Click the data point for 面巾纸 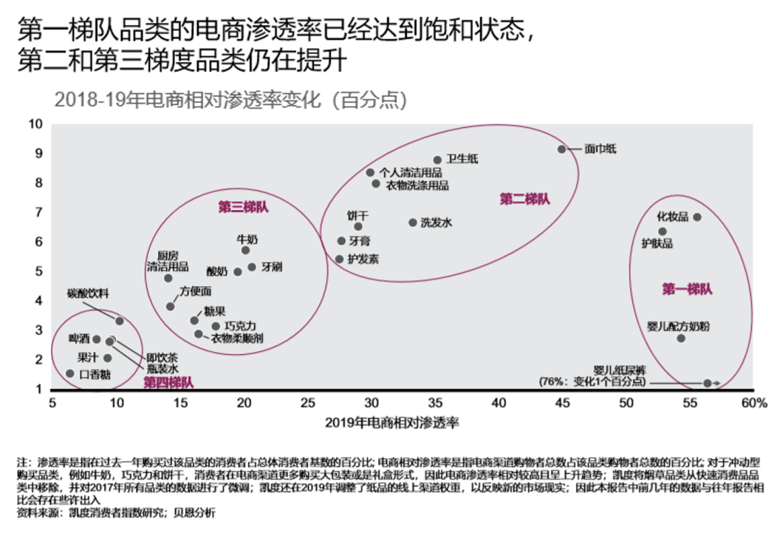click(x=561, y=149)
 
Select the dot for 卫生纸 click(x=437, y=160)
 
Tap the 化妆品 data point click(x=696, y=217)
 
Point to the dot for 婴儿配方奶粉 click(x=681, y=338)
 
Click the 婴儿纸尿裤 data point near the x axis click(x=707, y=383)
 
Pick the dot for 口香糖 click(x=70, y=373)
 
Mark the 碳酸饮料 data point click(x=120, y=321)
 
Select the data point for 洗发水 click(x=413, y=223)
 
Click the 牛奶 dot click(x=246, y=250)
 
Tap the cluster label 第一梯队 click(x=687, y=289)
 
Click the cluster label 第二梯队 click(x=525, y=199)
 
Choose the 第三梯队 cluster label click(x=243, y=207)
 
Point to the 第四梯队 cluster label click(x=168, y=382)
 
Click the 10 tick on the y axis click(x=35, y=123)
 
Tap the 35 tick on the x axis click(x=436, y=403)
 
